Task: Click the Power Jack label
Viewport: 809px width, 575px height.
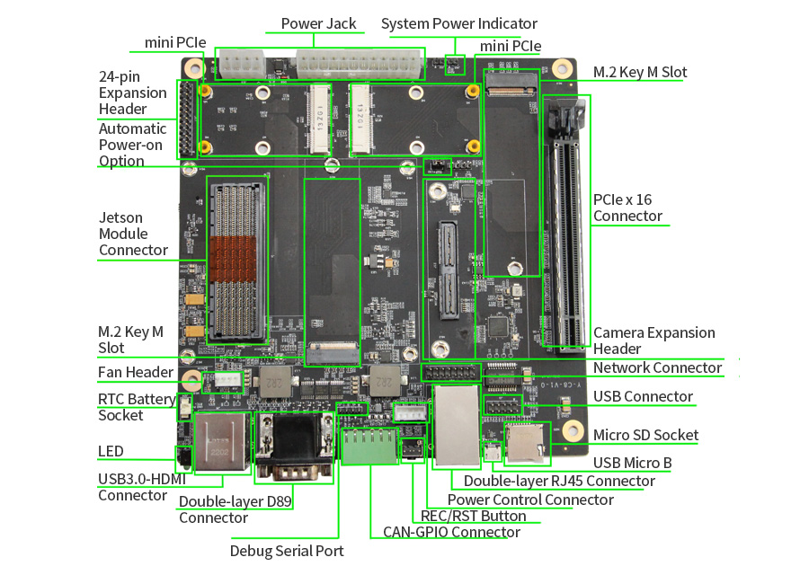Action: click(318, 23)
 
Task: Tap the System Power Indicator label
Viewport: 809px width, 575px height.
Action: click(458, 23)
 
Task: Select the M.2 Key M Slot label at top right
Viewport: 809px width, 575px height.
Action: click(640, 72)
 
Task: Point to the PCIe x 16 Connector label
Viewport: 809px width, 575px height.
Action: click(627, 208)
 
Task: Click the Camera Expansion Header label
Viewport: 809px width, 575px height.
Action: click(653, 341)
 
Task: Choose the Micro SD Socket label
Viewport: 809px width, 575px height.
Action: click(645, 435)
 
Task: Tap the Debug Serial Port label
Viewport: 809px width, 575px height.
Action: click(287, 551)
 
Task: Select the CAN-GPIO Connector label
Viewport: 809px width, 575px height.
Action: click(451, 532)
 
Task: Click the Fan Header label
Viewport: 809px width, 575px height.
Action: click(136, 373)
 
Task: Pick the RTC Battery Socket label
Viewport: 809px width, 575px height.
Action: click(137, 407)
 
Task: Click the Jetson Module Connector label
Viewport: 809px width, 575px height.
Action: click(133, 234)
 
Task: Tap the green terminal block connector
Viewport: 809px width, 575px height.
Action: click(368, 446)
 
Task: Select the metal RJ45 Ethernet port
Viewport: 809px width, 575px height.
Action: click(455, 425)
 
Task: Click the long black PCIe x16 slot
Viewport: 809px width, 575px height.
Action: click(568, 225)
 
